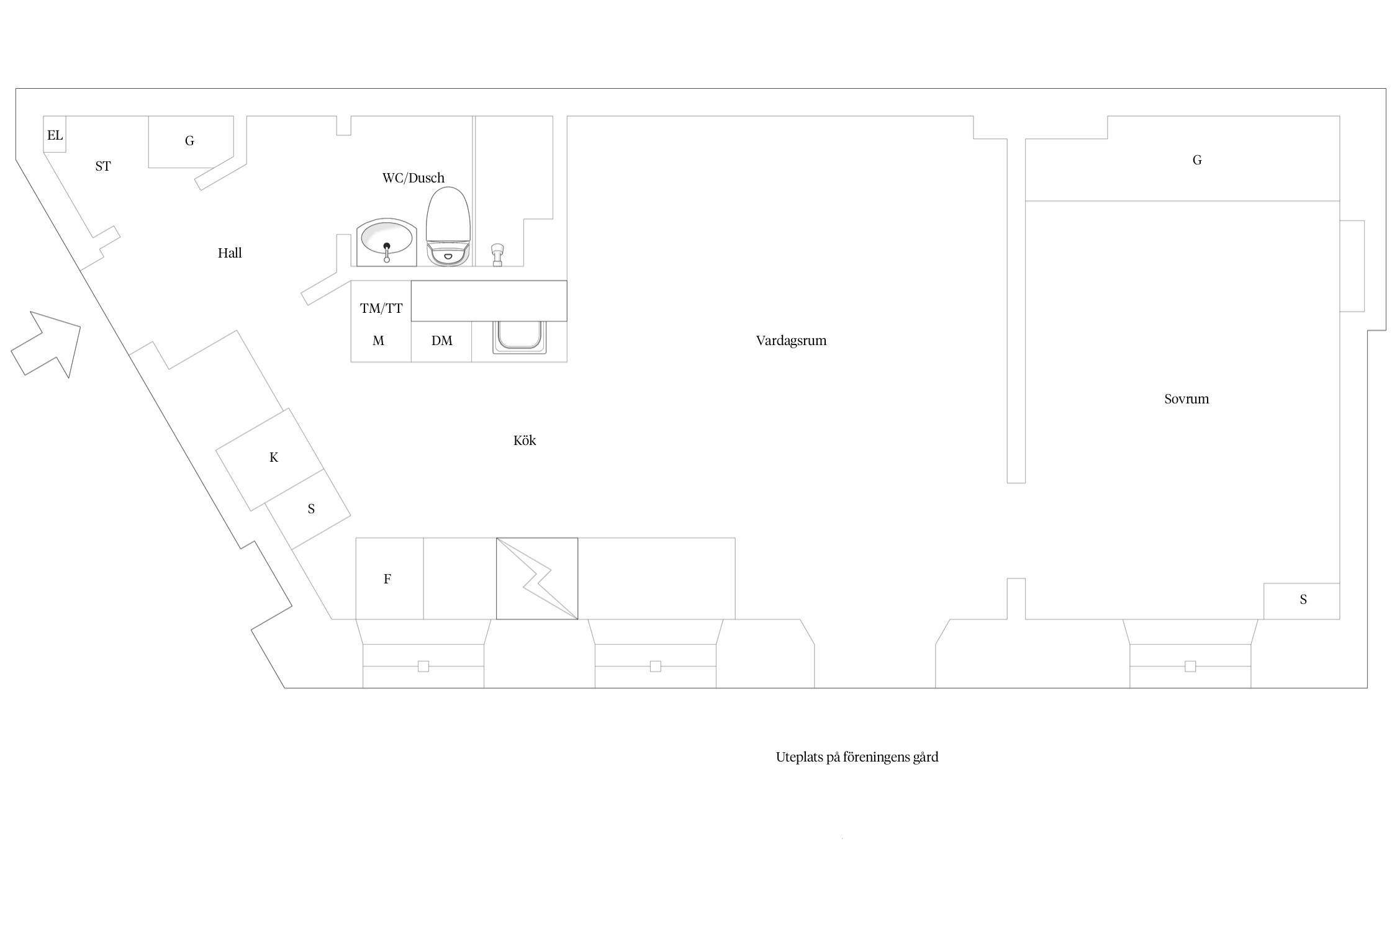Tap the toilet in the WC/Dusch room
point(448,227)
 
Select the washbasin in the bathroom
point(386,242)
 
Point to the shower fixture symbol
point(497,254)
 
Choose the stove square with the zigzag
point(537,578)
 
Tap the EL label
point(55,135)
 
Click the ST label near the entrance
point(103,166)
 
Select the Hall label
point(230,253)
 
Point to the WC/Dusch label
point(414,178)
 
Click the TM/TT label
point(381,308)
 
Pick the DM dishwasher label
point(442,340)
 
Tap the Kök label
point(525,441)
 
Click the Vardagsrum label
point(792,341)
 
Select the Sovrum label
point(1187,399)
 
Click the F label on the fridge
point(387,579)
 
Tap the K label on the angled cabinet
point(274,457)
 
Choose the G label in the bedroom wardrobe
point(1197,160)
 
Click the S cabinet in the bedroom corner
point(1301,601)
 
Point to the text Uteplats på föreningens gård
point(857,757)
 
